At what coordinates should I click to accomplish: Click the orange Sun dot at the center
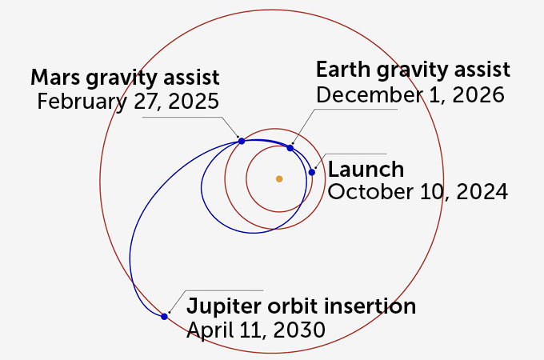coord(278,178)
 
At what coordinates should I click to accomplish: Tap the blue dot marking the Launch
coord(312,172)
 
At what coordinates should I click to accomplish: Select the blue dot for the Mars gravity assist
coord(242,141)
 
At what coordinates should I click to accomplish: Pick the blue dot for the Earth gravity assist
coord(290,148)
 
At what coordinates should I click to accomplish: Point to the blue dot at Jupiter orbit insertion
coord(164,317)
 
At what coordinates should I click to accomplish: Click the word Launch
coord(366,170)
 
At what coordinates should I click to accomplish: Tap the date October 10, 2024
coord(417,192)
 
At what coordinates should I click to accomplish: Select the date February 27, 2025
coord(128,102)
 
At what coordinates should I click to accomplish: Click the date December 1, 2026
coord(410,94)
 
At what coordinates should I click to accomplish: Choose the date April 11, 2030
coord(256,330)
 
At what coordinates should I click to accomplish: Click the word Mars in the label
coord(54,78)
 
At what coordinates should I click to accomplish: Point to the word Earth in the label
coord(341,70)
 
